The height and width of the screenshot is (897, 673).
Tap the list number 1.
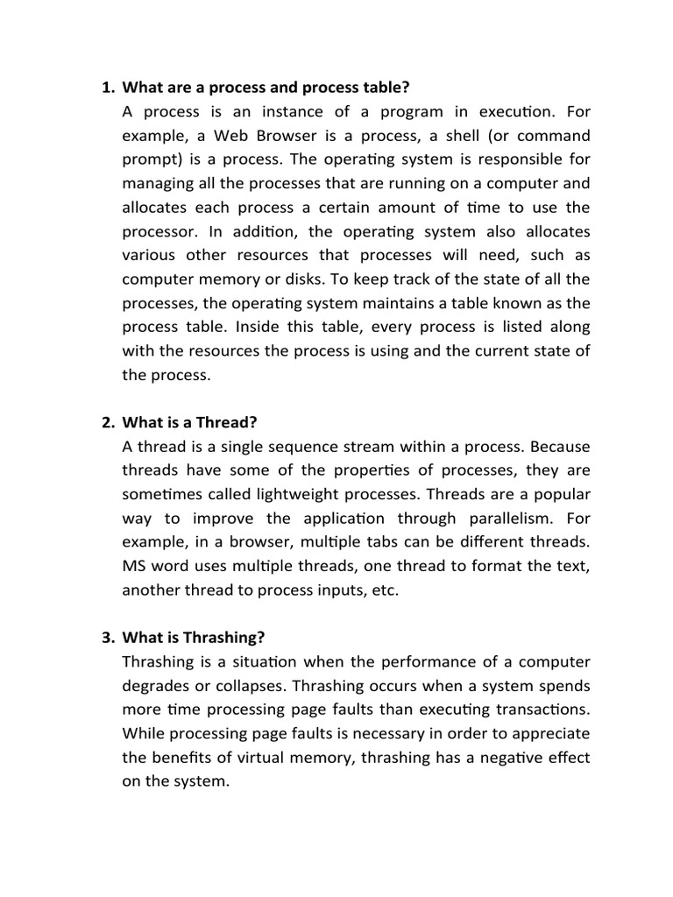pos(108,88)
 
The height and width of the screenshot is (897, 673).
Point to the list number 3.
pos(108,637)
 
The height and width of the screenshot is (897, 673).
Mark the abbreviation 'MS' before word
pos(137,566)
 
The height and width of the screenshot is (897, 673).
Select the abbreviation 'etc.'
pos(384,590)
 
